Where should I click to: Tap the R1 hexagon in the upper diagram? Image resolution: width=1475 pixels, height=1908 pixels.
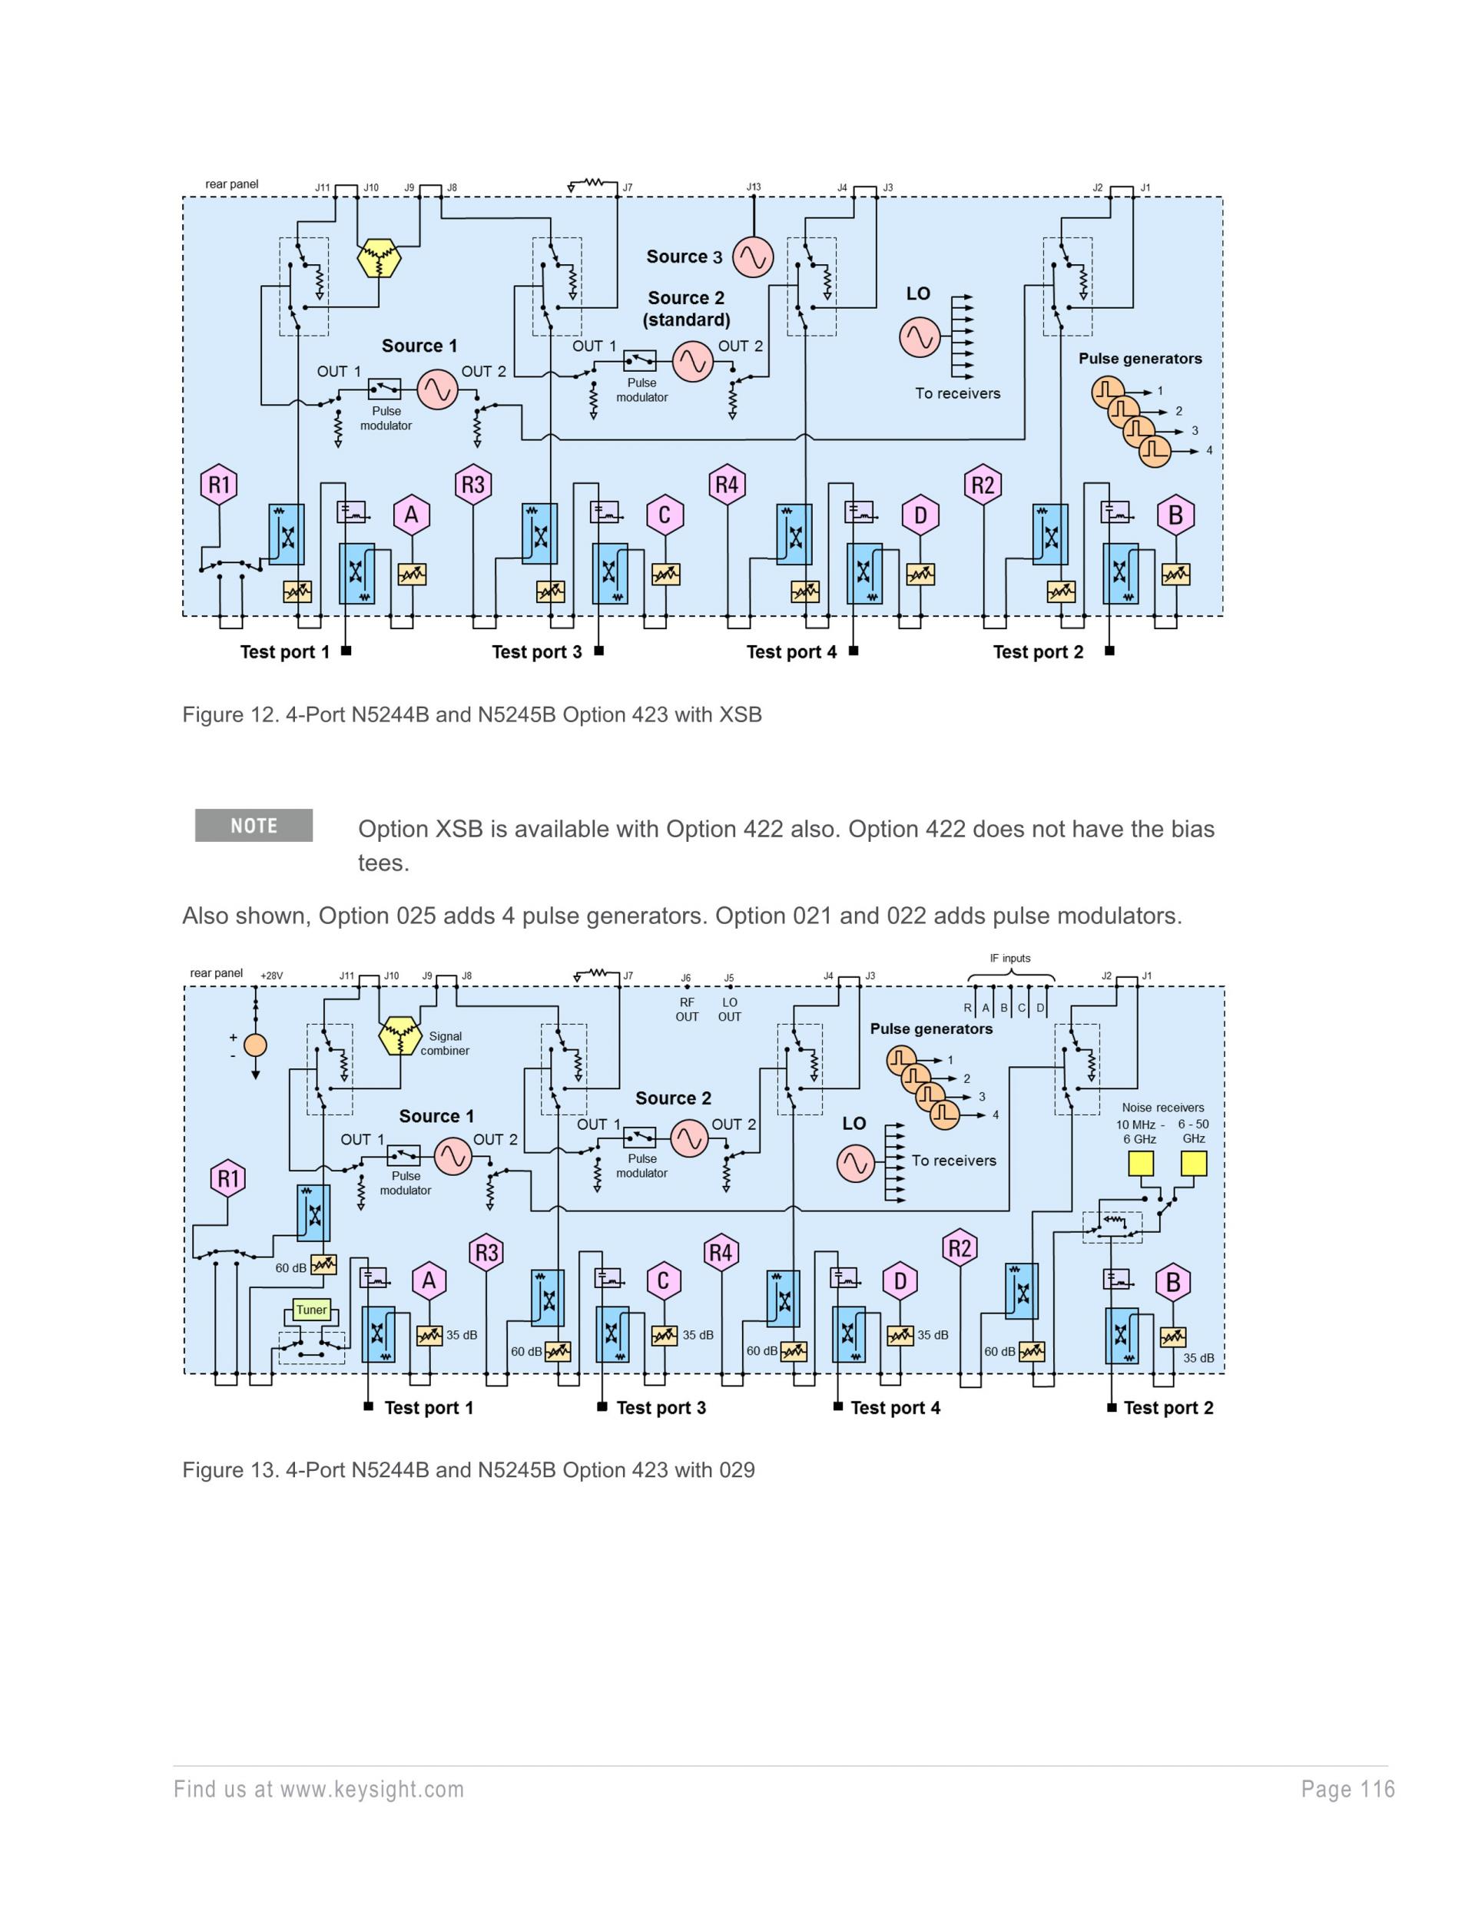tap(219, 485)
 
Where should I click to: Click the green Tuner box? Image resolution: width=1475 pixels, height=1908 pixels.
tap(311, 1310)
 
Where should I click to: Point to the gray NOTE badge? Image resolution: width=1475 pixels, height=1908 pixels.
tap(254, 826)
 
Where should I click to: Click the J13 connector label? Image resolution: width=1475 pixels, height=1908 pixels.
tap(753, 187)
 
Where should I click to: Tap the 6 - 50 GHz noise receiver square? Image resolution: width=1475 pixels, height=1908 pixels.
tap(1194, 1164)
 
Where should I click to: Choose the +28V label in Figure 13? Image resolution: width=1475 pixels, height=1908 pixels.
tap(272, 976)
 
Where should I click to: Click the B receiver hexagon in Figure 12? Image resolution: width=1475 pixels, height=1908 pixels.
tap(1175, 515)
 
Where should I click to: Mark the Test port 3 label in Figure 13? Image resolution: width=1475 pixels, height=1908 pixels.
tap(661, 1407)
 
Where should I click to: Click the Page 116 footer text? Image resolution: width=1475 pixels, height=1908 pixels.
tap(1347, 1789)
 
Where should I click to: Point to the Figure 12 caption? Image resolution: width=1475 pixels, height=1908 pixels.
tap(472, 714)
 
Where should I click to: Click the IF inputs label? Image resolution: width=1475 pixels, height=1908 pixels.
tap(1010, 959)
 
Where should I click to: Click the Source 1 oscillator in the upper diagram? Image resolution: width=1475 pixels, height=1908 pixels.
tap(437, 389)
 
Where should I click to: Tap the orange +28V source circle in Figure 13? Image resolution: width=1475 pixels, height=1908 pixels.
tap(255, 1045)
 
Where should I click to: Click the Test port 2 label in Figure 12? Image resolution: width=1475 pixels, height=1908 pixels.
tap(1038, 651)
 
